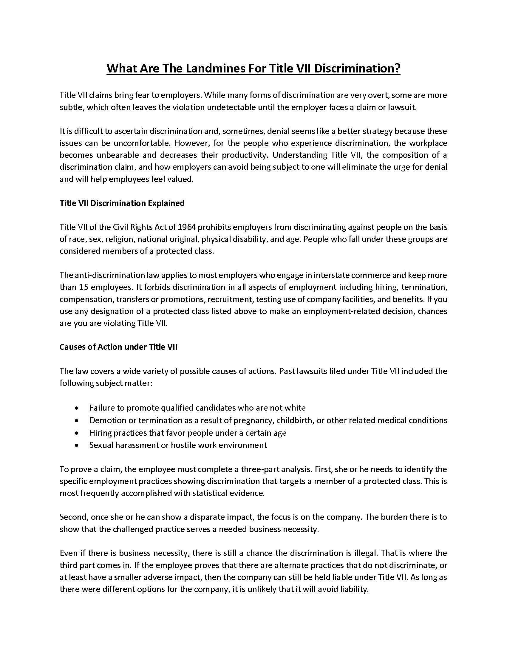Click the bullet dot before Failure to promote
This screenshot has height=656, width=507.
point(77,409)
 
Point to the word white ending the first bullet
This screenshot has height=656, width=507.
point(295,408)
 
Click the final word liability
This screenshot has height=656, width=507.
point(354,590)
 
